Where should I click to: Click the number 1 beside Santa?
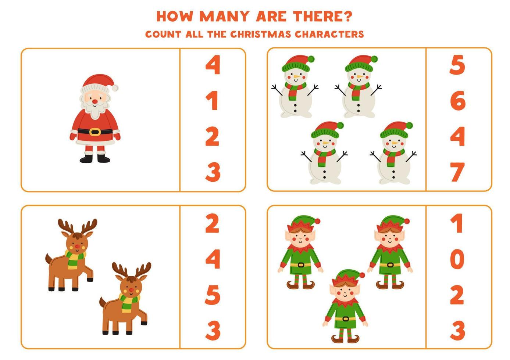coord(212,101)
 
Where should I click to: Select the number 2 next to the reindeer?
coord(212,223)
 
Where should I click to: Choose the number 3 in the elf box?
coord(457,330)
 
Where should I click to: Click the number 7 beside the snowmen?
coord(457,172)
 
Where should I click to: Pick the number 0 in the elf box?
coord(457,259)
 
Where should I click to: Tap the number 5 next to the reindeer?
coord(213,295)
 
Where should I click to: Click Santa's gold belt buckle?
coord(95,131)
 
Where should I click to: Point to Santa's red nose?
coord(95,100)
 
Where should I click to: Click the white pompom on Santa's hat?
coord(115,88)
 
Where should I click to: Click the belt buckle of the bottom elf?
coord(345,318)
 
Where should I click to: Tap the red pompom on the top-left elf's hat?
coord(317,222)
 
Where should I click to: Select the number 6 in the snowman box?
coord(457,101)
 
